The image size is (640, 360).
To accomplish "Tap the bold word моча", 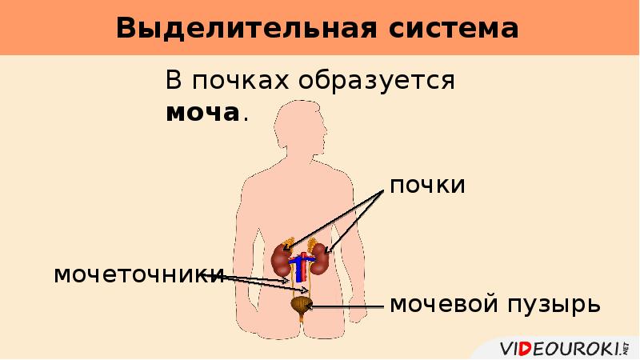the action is [202, 113].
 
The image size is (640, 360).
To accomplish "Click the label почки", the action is [427, 186].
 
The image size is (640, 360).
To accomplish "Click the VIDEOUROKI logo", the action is [561, 348].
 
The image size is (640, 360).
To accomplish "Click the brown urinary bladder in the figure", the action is [301, 304].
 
